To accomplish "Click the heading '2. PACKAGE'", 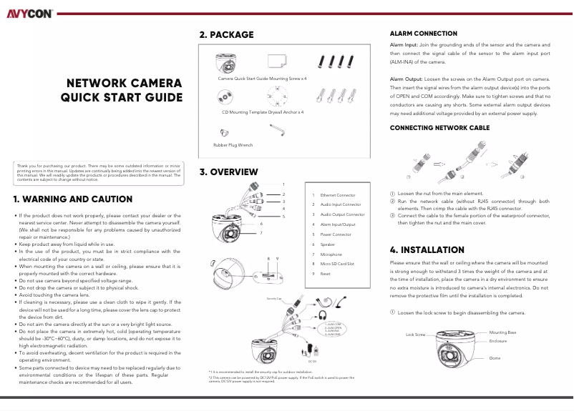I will tap(226, 34).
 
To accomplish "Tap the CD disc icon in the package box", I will tap(225, 95).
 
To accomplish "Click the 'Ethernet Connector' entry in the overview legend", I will tap(337, 194).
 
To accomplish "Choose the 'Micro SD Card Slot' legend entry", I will tap(337, 264).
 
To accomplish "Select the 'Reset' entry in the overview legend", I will tap(325, 274).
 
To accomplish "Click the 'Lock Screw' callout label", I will tap(416, 335).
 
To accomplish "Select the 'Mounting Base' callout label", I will tap(502, 332).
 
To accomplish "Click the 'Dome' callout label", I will tap(495, 357).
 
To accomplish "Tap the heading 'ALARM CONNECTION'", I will tap(423, 34).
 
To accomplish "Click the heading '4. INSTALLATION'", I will tap(427, 250).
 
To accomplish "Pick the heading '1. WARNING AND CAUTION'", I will tap(73, 199).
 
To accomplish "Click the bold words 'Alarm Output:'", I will tap(407, 79).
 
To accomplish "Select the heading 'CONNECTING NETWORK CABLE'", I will tap(439, 127).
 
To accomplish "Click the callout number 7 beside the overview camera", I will tap(261, 232).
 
